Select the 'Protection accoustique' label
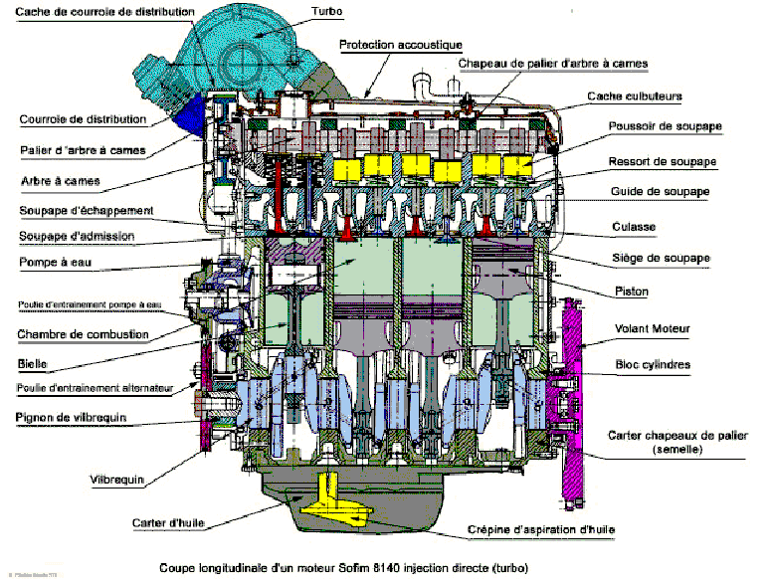coord(401,45)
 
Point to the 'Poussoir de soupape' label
coord(666,127)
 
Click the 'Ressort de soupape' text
coord(663,161)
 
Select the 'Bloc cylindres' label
coord(652,364)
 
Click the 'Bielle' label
coord(33,364)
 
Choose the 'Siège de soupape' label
coord(660,258)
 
